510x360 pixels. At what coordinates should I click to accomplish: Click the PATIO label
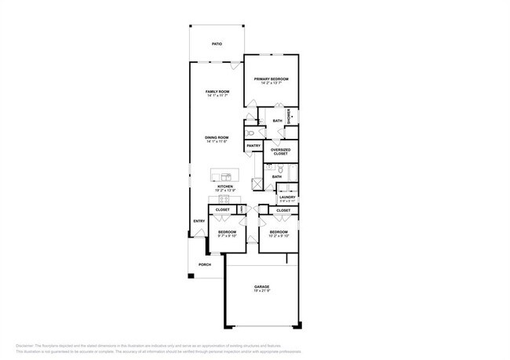tap(217, 44)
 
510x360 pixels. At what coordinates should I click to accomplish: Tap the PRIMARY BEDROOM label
tap(271, 80)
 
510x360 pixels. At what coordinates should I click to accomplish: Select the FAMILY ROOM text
tap(217, 93)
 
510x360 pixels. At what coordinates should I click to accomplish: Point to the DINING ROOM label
tap(217, 138)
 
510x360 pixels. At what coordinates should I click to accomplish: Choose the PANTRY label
tap(253, 146)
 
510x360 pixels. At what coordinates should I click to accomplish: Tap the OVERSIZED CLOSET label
tap(280, 151)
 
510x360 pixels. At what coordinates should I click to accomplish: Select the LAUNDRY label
tap(287, 198)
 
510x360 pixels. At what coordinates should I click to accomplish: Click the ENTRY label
tap(199, 221)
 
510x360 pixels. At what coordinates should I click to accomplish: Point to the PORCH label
tap(204, 264)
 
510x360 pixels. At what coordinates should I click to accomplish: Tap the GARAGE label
tap(261, 287)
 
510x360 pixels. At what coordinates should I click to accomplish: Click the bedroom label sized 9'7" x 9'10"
tap(227, 232)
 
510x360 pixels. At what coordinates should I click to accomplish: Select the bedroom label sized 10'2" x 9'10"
tap(279, 232)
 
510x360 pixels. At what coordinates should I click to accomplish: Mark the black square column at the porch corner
tap(190, 276)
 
